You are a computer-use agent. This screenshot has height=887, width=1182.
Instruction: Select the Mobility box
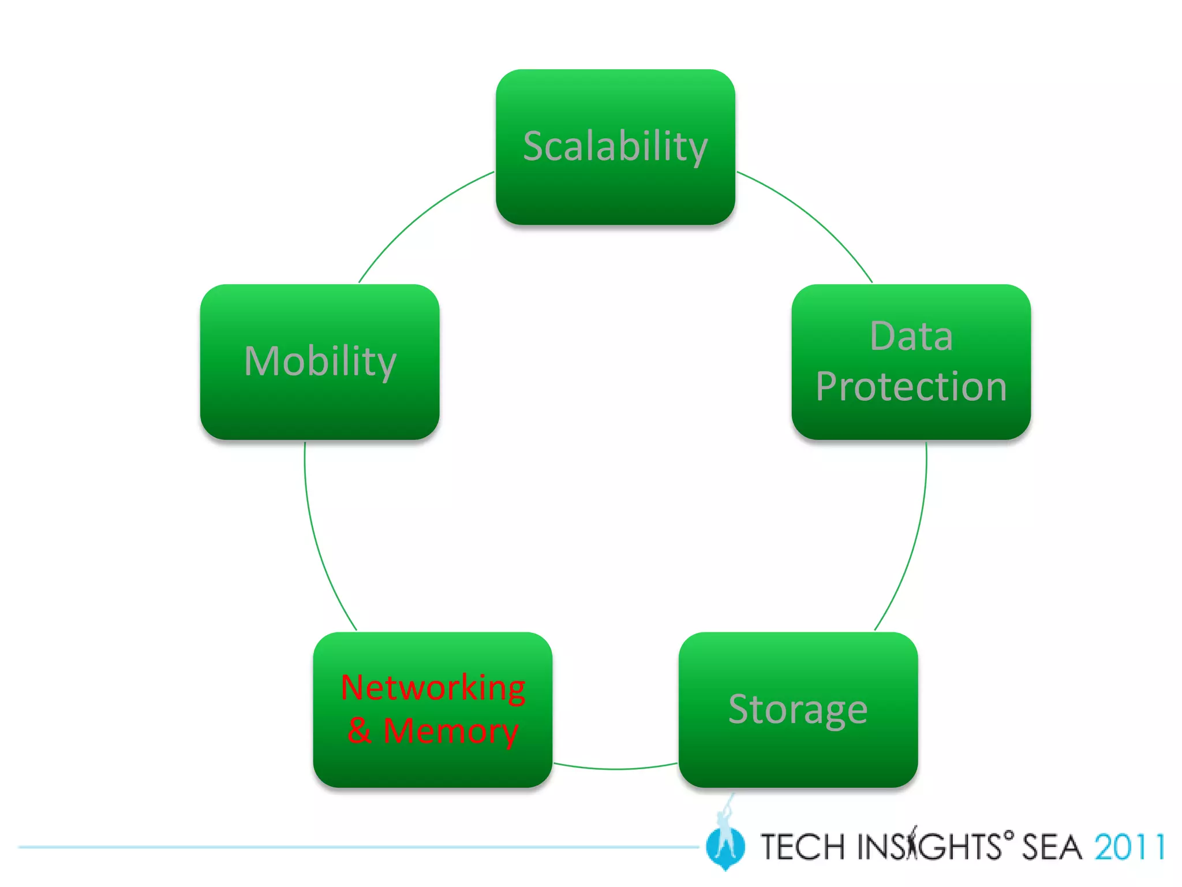[319, 404]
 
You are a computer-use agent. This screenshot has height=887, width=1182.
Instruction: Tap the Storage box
[798, 756]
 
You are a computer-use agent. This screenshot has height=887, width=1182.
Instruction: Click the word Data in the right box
[911, 336]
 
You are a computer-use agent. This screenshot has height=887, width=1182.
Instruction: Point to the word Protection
[911, 386]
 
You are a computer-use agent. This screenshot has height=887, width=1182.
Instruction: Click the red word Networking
[433, 688]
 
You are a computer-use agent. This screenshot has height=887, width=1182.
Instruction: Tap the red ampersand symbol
[359, 730]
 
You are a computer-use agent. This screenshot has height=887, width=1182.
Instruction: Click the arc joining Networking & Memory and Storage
[615, 769]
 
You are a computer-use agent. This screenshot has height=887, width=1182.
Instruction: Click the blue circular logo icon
[725, 847]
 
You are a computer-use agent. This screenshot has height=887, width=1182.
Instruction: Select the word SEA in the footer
[1052, 847]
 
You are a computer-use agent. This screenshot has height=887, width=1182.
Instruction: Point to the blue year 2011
[1129, 847]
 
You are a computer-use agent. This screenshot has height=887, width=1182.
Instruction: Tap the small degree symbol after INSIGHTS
[1008, 834]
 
